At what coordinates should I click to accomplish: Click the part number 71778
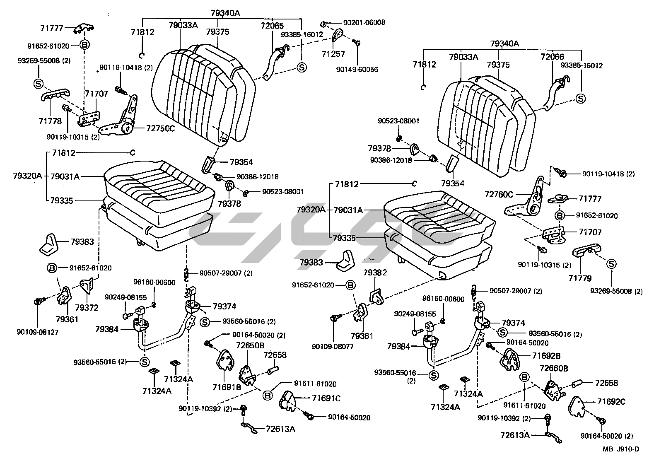pos(50,121)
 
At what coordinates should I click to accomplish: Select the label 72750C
pos(160,128)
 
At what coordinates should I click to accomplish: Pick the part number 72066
pos(552,57)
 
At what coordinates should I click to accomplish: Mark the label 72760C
pos(499,194)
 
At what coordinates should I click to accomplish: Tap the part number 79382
pos(375,272)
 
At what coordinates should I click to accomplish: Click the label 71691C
pos(326,398)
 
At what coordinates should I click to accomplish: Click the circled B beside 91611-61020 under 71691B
pos(268,395)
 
